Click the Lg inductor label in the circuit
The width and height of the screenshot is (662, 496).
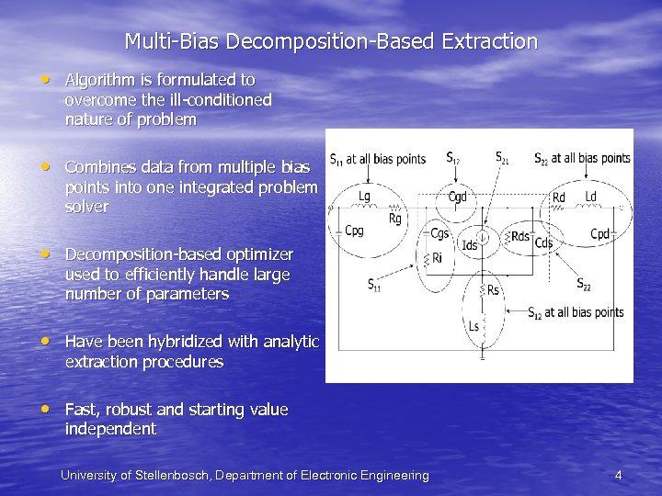coord(365,196)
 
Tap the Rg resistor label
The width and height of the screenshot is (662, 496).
coord(394,219)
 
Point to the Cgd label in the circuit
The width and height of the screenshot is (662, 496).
coord(457,196)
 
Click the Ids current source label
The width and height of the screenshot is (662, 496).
coord(470,245)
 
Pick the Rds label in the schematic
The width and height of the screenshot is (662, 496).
coord(520,236)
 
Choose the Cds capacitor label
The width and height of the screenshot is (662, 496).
coord(543,243)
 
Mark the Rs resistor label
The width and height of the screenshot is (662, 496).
coord(493,290)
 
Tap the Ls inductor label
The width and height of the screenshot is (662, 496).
coord(474,326)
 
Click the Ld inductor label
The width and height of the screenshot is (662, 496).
coord(590,197)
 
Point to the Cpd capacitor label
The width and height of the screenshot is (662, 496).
coord(599,235)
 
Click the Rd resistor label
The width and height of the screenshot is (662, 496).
coord(559,197)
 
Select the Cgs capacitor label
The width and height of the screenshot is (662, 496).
coord(440,233)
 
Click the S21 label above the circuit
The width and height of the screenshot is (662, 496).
coord(504,157)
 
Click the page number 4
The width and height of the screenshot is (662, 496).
coord(618,475)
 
